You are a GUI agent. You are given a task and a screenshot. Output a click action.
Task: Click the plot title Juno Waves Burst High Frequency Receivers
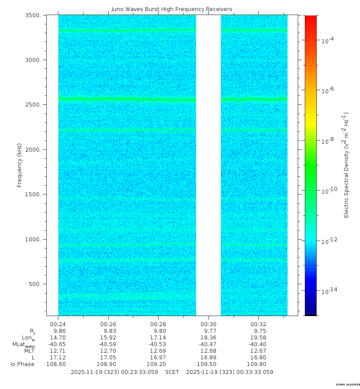pos(171,9)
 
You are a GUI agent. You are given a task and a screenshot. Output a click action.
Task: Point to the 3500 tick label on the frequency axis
pos(33,15)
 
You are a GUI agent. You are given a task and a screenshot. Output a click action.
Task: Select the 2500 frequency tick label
pos(33,105)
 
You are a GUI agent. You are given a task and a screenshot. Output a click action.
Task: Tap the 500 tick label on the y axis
pos(35,284)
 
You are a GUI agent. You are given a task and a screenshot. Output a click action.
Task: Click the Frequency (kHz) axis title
pos(19,165)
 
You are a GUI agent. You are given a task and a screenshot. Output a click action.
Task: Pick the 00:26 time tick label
pos(108,324)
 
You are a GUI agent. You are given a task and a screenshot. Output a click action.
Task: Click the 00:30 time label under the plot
pos(208,324)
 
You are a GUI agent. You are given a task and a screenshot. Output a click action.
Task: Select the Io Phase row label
pos(23,364)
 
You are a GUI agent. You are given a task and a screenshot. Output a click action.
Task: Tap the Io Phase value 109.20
pos(158,364)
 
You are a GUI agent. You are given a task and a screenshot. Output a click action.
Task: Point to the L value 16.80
pos(258,358)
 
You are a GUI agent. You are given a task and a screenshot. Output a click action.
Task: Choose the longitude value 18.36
pos(208,338)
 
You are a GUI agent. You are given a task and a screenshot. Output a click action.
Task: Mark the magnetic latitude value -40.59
pos(107,344)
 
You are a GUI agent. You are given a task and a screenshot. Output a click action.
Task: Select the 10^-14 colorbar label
pos(329,290)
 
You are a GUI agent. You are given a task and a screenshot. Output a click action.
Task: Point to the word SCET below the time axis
pos(172,372)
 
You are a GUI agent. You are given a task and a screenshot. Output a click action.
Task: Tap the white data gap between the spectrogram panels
pos(208,165)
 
